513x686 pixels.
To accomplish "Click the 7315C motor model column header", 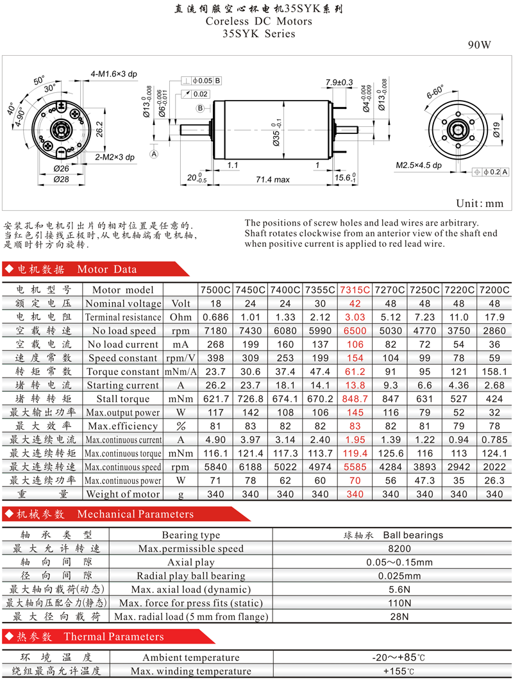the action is (x=355, y=290).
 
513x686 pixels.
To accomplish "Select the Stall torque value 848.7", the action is (x=355, y=399).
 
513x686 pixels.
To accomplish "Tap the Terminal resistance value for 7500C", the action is (x=215, y=317).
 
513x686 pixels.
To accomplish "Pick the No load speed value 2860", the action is (x=494, y=331).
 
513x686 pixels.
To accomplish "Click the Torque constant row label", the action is (x=122, y=372).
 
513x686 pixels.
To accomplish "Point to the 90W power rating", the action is (x=479, y=45).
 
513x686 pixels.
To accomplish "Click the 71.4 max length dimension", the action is (x=273, y=180).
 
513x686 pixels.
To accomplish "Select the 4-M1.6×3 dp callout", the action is (x=114, y=74).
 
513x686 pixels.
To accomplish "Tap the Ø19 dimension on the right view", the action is (x=496, y=130).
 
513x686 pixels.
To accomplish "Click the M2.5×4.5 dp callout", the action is (x=419, y=165).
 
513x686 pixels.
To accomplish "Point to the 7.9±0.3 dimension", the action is (x=339, y=82).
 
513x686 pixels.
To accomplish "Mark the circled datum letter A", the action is (x=154, y=154).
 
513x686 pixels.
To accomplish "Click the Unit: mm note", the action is (x=480, y=203).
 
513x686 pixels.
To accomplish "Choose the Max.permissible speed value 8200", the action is (x=399, y=549).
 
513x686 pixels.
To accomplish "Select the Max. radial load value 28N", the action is (x=399, y=617).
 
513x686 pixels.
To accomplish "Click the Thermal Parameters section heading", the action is (x=114, y=637).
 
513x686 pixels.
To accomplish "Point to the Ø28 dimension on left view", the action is (x=62, y=180).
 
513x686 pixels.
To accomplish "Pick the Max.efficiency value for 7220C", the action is (x=458, y=426).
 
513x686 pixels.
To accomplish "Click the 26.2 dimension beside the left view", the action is (x=99, y=130).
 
